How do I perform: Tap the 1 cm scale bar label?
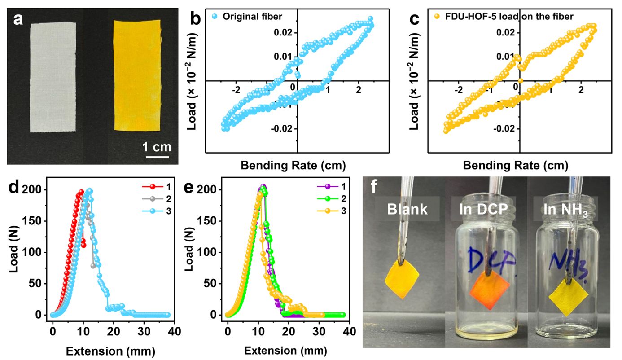pyautogui.click(x=157, y=146)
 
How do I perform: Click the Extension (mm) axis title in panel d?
pyautogui.click(x=111, y=350)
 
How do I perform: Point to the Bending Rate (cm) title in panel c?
pyautogui.click(x=516, y=165)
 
